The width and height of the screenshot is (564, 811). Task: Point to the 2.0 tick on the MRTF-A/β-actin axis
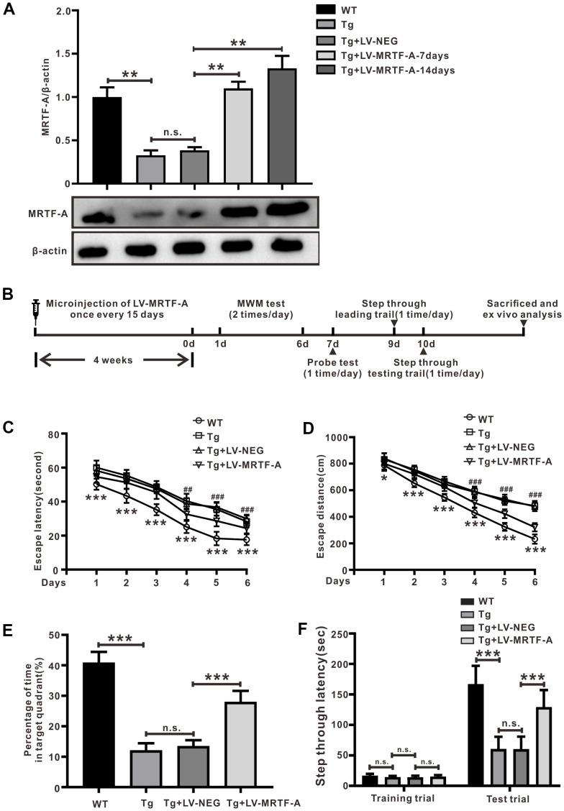(x=70, y=12)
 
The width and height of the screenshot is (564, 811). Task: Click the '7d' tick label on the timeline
(x=332, y=343)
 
